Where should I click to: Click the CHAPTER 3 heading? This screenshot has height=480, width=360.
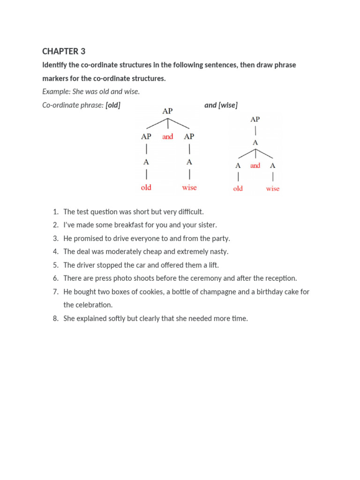click(x=64, y=51)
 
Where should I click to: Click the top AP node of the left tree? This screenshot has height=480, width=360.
click(x=167, y=111)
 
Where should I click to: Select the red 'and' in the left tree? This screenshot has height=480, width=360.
click(x=167, y=137)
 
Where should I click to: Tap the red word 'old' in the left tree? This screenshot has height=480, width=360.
click(x=146, y=187)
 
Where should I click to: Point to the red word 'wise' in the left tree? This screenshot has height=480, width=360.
click(x=189, y=187)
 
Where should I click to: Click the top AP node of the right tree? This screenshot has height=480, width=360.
click(x=255, y=120)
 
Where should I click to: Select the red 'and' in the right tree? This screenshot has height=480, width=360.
click(x=255, y=165)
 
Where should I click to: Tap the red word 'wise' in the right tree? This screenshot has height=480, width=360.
click(x=272, y=189)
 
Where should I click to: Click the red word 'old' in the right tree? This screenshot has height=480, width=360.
click(x=238, y=189)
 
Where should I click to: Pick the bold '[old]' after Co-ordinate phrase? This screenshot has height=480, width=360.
click(x=113, y=105)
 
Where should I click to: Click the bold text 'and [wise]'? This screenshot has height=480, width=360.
click(x=221, y=105)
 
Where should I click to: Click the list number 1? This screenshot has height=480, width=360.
click(x=55, y=212)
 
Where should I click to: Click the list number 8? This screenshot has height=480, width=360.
click(x=55, y=318)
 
